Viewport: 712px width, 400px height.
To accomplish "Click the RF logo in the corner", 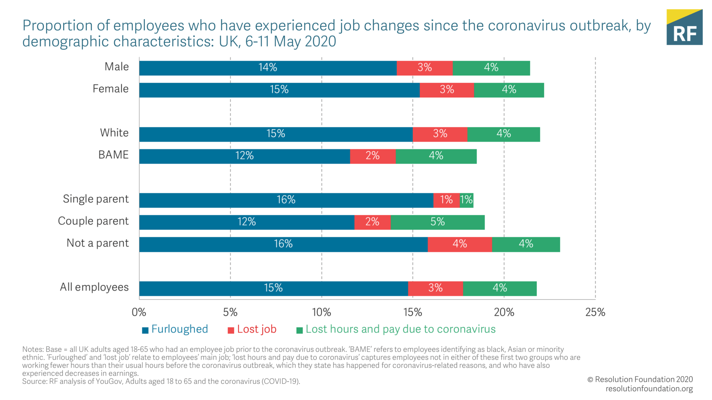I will tap(684, 27).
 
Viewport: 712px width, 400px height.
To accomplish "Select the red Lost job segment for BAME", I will tap(373, 156).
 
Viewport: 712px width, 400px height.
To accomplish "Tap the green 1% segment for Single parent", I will tap(466, 200).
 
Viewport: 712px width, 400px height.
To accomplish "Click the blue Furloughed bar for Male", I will tap(268, 68).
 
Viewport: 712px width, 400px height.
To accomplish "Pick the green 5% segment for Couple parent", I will tap(437, 222).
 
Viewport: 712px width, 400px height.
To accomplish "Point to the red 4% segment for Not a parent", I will tap(460, 244).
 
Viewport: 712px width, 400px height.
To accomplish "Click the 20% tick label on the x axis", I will tap(504, 312).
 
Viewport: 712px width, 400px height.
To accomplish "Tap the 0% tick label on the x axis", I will tap(139, 312).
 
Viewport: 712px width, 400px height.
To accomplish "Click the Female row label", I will tap(111, 89).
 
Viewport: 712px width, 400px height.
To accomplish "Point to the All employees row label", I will tap(94, 287).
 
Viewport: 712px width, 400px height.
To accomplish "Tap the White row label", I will tap(114, 133).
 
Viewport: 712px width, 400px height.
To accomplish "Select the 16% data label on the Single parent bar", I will tap(286, 200).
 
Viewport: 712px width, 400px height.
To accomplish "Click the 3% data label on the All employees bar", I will tap(435, 288).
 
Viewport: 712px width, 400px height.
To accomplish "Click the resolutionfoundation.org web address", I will tap(649, 389).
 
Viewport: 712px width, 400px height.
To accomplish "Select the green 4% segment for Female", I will tap(509, 90).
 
